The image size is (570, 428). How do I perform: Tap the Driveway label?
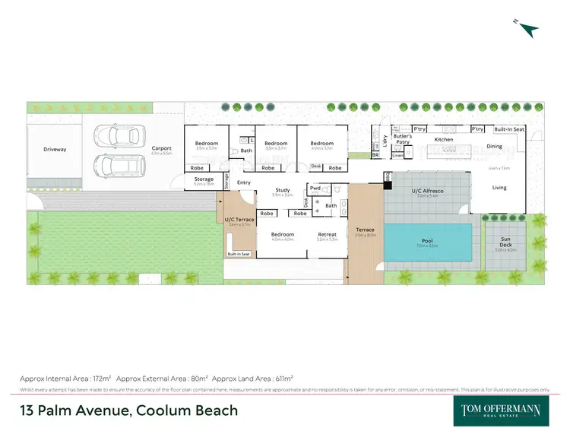[54, 150]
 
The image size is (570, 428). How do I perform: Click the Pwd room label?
[315, 188]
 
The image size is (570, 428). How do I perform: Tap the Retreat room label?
[327, 234]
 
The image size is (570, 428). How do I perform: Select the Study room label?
[282, 190]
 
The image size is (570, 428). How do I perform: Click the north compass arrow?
[529, 28]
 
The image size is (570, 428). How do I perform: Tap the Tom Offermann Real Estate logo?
[502, 410]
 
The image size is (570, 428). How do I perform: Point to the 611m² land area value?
[280, 378]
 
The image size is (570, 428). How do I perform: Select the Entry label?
[244, 182]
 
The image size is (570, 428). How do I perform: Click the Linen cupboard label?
[398, 155]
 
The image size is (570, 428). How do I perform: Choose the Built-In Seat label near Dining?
[508, 130]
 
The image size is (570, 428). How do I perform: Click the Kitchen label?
[443, 140]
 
